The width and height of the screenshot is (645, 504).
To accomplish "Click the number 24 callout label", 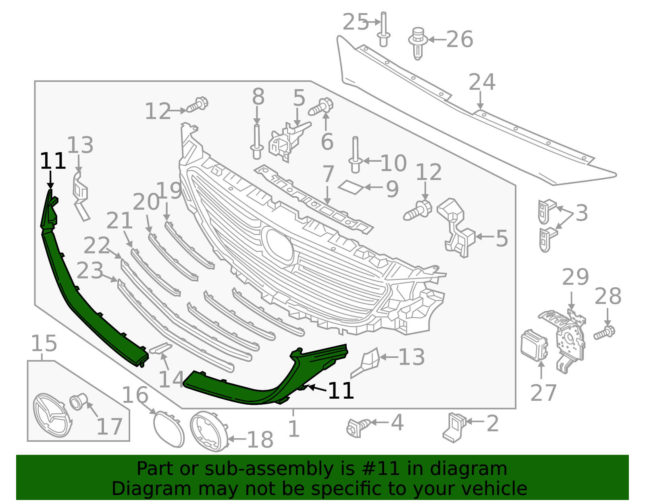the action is pyautogui.click(x=482, y=82).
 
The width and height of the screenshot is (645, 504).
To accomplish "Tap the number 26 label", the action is pyautogui.click(x=460, y=40).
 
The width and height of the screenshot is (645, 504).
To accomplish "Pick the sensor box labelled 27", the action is pyautogui.click(x=534, y=345).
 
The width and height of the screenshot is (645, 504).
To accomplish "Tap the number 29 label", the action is pyautogui.click(x=575, y=277).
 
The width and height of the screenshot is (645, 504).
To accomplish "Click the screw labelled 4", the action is pyautogui.click(x=358, y=427).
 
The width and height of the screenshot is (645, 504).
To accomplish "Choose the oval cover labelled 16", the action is pyautogui.click(x=169, y=429).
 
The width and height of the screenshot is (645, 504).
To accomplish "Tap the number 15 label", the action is pyautogui.click(x=44, y=344).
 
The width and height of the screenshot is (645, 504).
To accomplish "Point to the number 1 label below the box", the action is pyautogui.click(x=294, y=429).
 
